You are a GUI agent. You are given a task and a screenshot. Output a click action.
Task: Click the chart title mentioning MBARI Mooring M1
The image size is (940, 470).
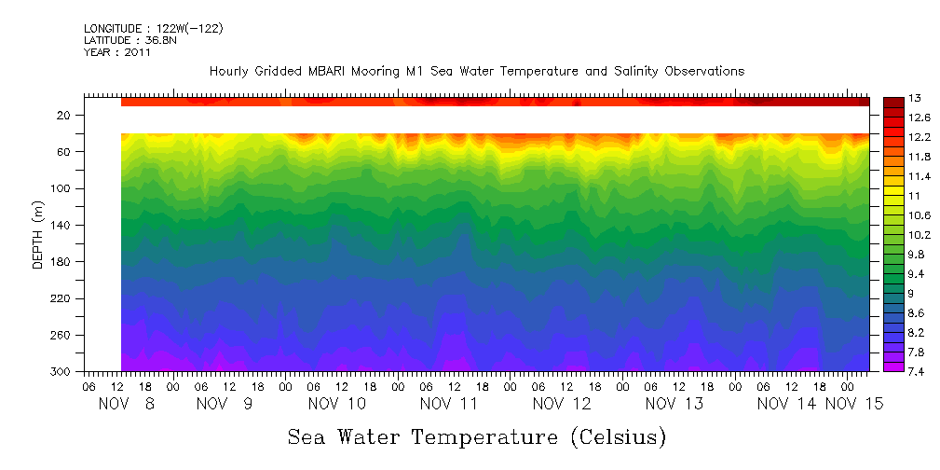[x=476, y=71]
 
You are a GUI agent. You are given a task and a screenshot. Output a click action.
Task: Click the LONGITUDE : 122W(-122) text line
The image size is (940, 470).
[x=153, y=29]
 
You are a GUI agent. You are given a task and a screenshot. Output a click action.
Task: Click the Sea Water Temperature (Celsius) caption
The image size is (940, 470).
[x=476, y=436]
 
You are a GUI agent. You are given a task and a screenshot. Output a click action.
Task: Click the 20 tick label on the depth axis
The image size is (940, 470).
[x=64, y=115]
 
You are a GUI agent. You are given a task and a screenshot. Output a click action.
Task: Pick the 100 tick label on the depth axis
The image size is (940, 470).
[x=61, y=188]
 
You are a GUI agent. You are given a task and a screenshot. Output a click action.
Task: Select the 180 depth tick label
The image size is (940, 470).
[x=61, y=262]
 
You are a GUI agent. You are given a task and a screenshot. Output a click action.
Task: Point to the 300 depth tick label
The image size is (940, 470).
[x=61, y=372]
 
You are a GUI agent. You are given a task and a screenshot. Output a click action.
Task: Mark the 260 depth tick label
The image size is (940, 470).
[x=61, y=336]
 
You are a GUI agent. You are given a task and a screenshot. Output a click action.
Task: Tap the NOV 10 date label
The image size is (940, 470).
[x=336, y=404]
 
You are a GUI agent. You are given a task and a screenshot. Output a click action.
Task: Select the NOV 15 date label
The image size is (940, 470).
[x=854, y=404]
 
